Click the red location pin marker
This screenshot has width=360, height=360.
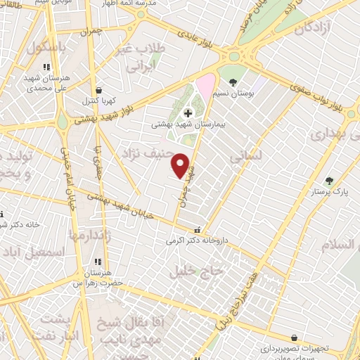point(181,165)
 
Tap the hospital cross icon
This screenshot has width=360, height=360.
point(188,113)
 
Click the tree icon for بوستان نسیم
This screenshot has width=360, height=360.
point(233,82)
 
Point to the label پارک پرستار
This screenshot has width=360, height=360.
point(324,191)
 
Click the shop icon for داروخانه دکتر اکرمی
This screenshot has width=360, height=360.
point(198,229)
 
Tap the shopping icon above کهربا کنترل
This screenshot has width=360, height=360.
point(98,90)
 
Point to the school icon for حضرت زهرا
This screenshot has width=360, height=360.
point(98,262)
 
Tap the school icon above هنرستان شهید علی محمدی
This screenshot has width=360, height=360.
point(46,67)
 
